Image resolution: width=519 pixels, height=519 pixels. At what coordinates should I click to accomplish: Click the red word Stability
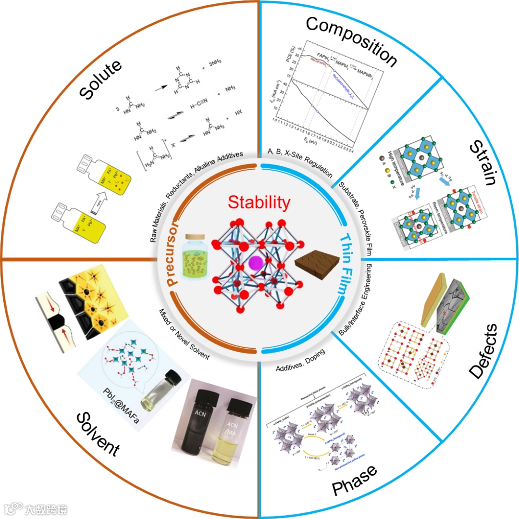[259, 203]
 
